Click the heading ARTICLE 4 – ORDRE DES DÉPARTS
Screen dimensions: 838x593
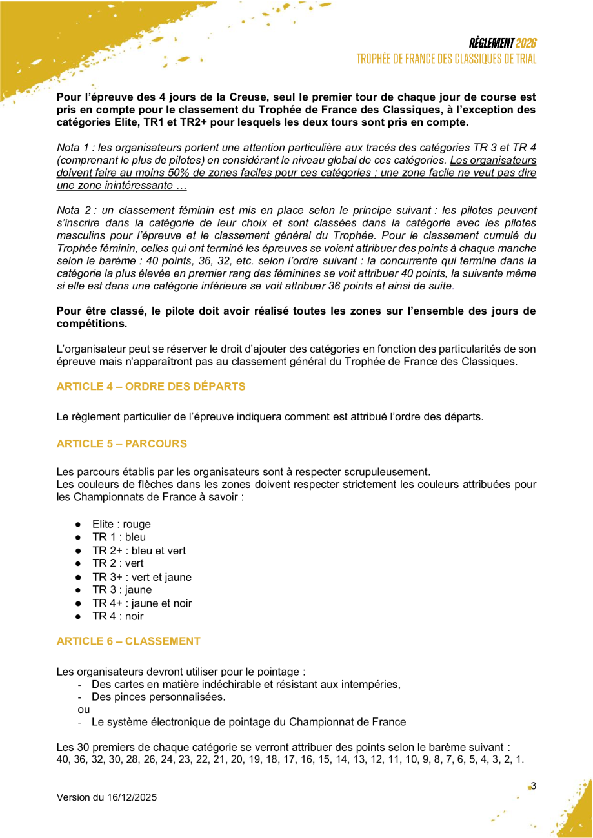(x=151, y=387)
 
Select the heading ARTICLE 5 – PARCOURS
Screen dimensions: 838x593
(x=122, y=444)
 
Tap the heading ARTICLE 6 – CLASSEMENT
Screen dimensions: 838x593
(x=128, y=641)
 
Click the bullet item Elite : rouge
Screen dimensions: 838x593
(x=121, y=524)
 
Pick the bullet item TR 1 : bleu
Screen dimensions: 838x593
(x=119, y=537)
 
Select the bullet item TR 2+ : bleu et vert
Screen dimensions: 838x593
(x=139, y=551)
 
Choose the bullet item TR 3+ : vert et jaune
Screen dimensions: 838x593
(x=142, y=577)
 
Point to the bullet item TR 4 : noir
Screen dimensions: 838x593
(x=118, y=616)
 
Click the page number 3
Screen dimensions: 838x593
(x=534, y=786)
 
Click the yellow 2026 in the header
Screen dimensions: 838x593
(x=527, y=44)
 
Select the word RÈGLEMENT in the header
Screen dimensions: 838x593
(x=492, y=44)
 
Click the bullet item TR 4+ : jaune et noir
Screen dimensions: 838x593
(x=142, y=603)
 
